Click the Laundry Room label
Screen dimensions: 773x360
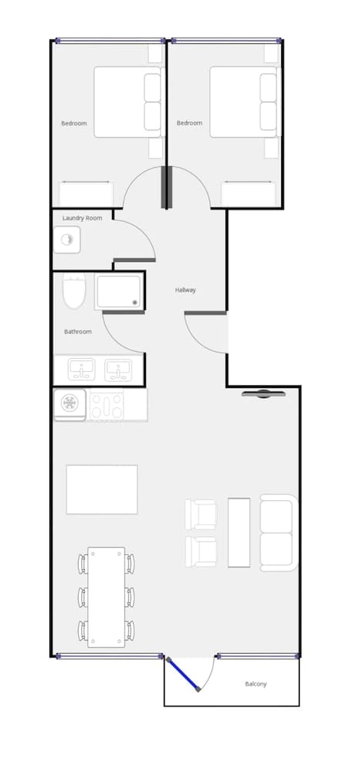[x=82, y=218]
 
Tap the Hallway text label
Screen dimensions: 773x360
[x=185, y=290]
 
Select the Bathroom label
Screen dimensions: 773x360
[x=77, y=332]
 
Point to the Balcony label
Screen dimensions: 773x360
[x=256, y=684]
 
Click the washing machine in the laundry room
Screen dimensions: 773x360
[x=67, y=240]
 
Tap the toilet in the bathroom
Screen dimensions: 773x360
[x=73, y=291]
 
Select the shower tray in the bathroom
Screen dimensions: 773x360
[x=119, y=291]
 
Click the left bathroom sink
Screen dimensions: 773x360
[x=80, y=369]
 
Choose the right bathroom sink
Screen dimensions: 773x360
[x=118, y=369]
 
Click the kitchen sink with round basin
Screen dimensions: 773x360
[x=70, y=404]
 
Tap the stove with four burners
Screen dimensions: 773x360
[x=107, y=405]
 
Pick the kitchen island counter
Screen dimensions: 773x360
[x=102, y=489]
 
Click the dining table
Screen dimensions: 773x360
[x=106, y=597]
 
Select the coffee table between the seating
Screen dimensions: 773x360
[x=239, y=533]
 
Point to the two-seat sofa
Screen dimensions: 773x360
[x=277, y=533]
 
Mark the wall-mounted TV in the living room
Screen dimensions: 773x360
[x=263, y=393]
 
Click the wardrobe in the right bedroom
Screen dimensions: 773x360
[x=249, y=194]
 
